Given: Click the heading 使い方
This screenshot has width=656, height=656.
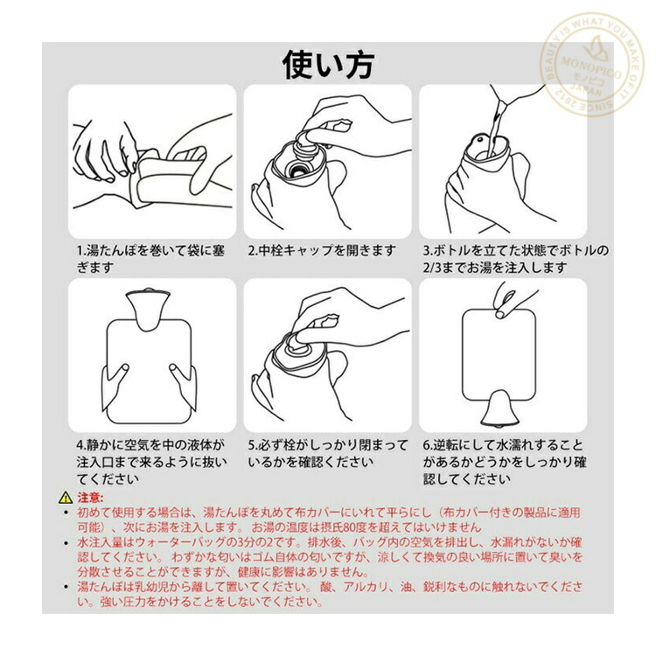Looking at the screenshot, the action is coord(328,65).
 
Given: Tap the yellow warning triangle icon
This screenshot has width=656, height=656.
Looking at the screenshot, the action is coord(66,498).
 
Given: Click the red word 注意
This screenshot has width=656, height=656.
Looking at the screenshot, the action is coord(88,498).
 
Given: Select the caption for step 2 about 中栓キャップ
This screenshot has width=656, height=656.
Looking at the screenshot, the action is coord(322,251).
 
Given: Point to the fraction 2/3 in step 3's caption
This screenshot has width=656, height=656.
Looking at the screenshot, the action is coord(432,268).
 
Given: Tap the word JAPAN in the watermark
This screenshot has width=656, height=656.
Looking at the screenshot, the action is coord(586,90).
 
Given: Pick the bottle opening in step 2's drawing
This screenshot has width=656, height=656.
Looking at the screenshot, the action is coord(298,171).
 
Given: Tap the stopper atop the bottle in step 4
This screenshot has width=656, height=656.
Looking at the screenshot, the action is coord(148,290).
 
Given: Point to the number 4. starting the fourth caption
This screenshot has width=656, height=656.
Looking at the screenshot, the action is coord(81,445).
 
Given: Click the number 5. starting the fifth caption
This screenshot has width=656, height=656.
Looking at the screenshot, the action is coord(252,445).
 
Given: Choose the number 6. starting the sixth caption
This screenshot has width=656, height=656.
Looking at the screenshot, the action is coord(428,445).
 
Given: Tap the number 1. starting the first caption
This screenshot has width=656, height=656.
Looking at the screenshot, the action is coord(81,251).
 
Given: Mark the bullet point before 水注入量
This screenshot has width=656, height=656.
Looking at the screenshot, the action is coord(66,543).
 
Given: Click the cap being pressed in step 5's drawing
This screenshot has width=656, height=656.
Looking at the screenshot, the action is coord(299,344).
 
